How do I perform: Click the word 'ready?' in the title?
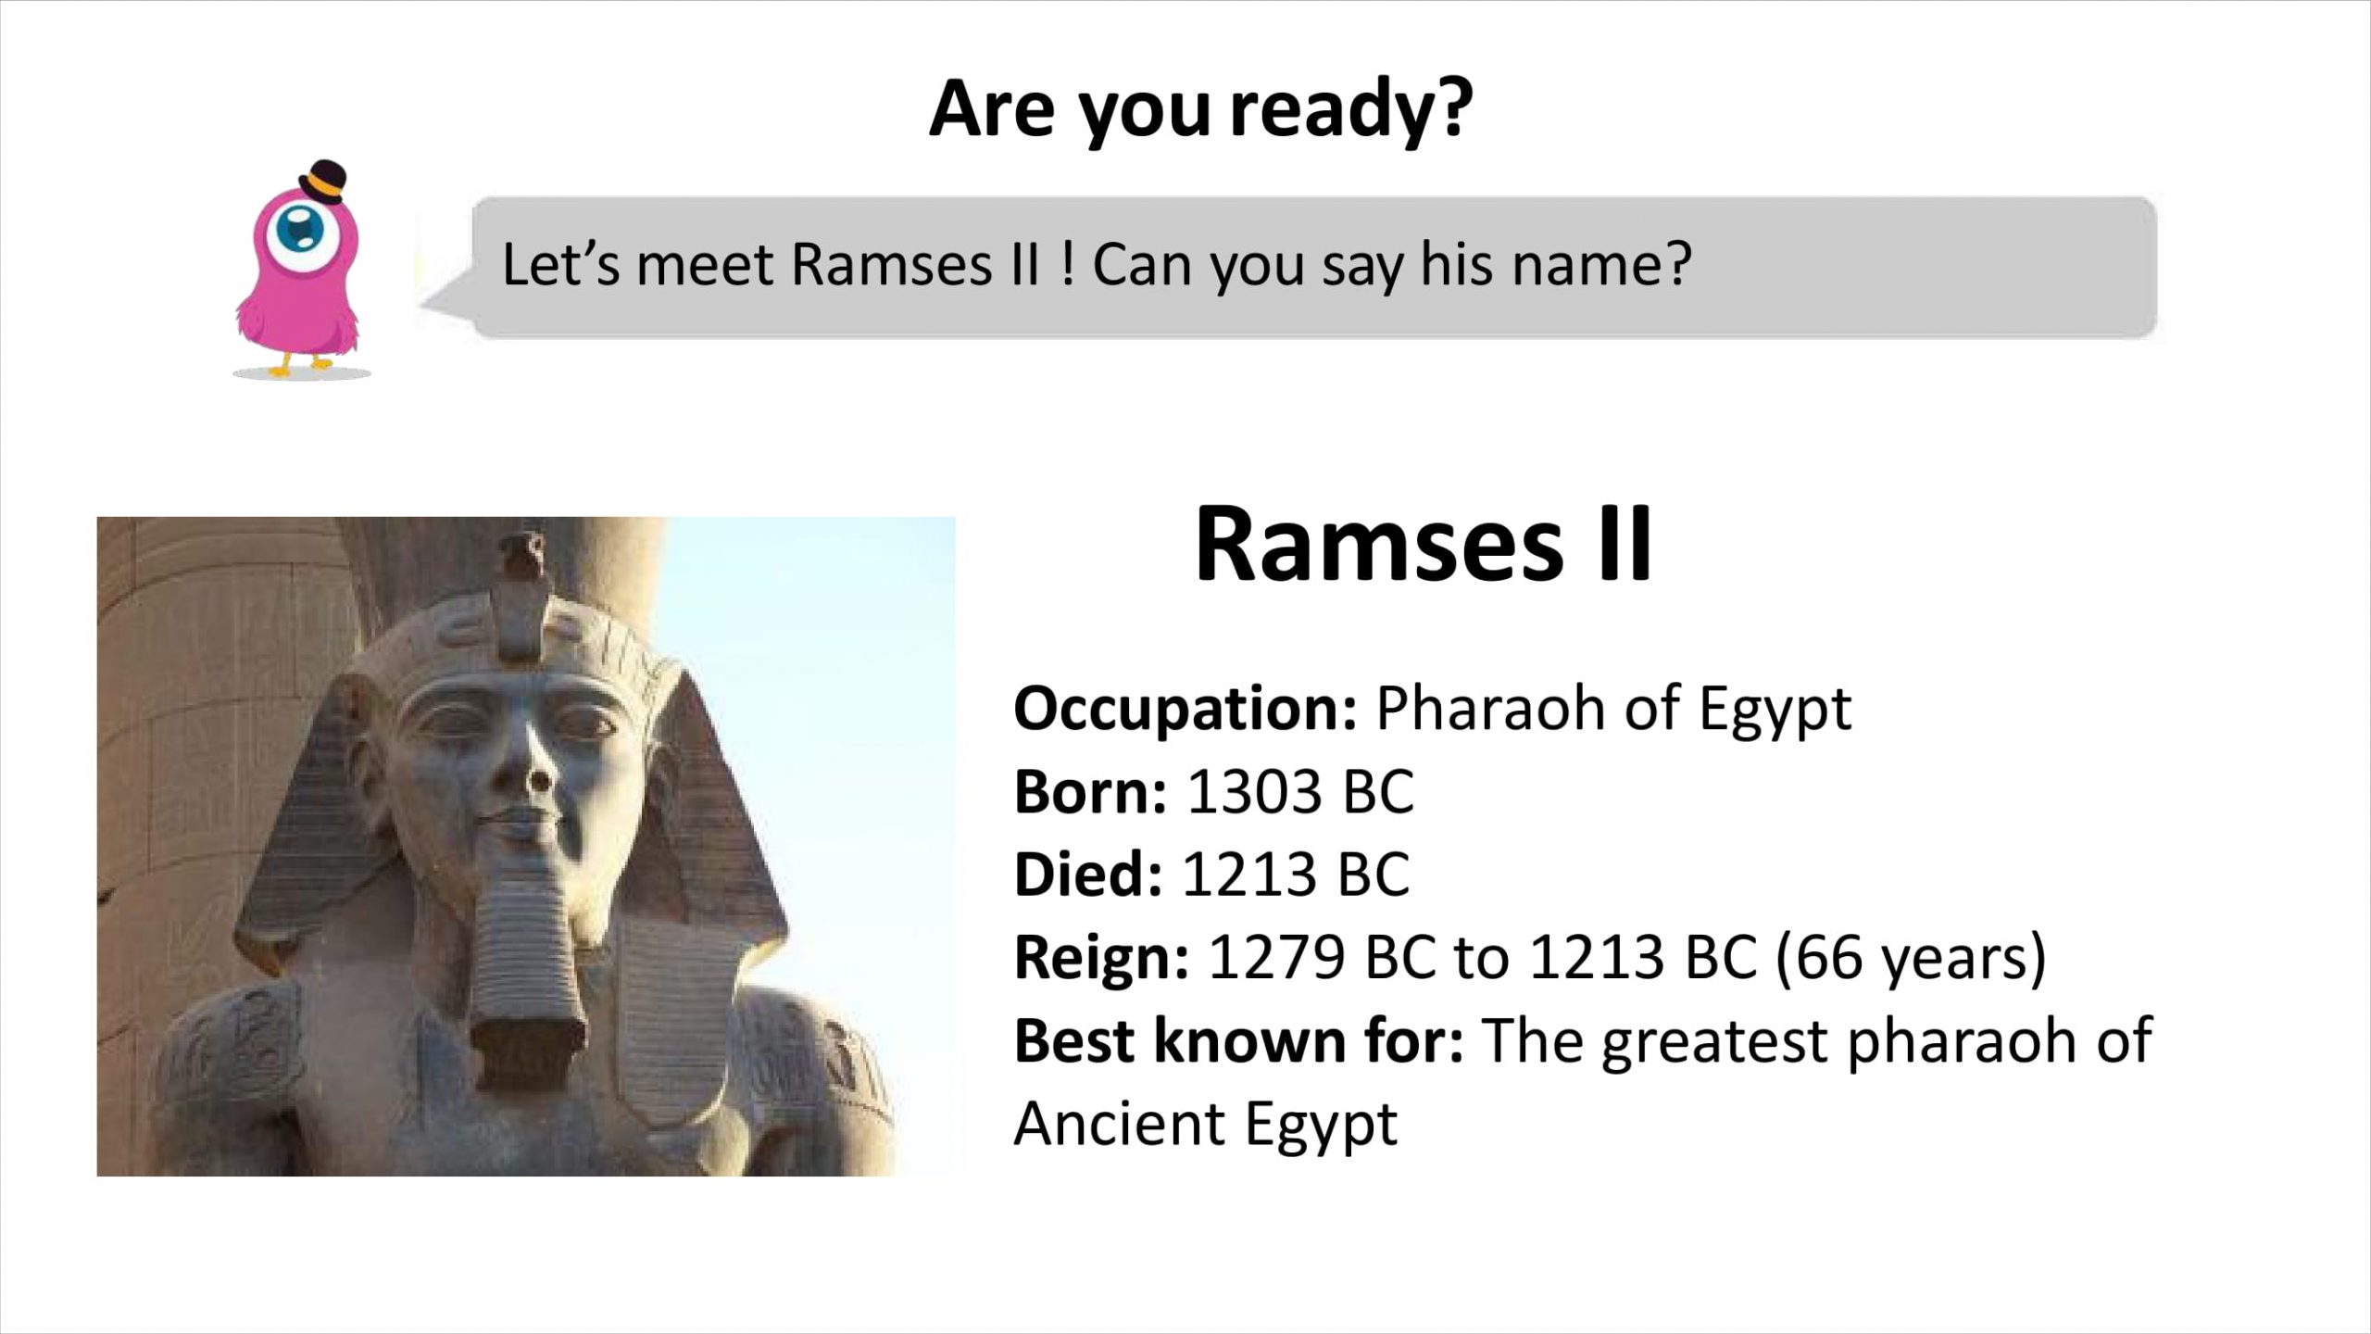[1351, 110]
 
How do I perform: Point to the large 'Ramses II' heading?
[1424, 544]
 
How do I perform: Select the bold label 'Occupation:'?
[1185, 709]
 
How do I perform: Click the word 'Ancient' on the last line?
[1118, 1124]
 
